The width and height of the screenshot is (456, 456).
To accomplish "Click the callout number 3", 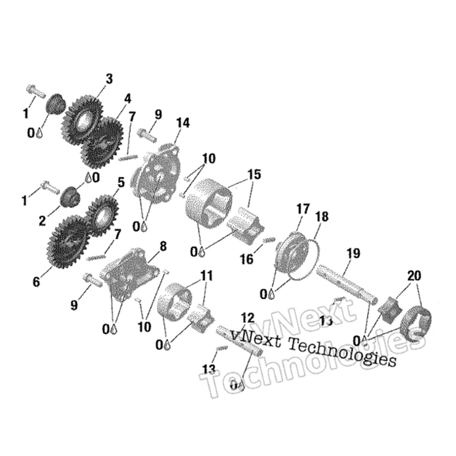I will pyautogui.click(x=109, y=78).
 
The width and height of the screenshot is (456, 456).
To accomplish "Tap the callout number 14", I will pyautogui.click(x=182, y=123).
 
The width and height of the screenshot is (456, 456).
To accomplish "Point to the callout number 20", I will pyautogui.click(x=414, y=275).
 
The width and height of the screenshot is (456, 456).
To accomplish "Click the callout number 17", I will pyautogui.click(x=302, y=209).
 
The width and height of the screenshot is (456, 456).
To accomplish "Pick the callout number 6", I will pyautogui.click(x=36, y=281).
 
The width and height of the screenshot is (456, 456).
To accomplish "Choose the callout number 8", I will pyautogui.click(x=163, y=247).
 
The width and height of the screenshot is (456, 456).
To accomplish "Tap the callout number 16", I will pyautogui.click(x=246, y=260).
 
